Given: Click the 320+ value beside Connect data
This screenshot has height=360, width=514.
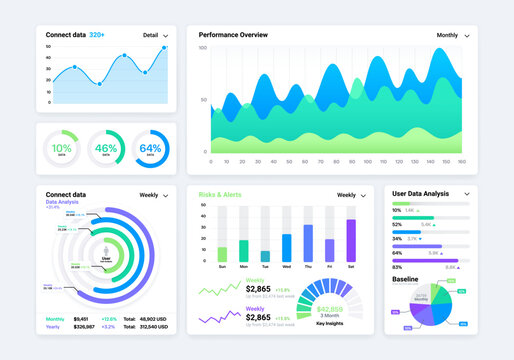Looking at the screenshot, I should coord(98,34).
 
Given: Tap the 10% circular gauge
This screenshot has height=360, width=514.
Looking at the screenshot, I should coord(62,148).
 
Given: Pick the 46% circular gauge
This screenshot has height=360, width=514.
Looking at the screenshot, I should coord(106,148).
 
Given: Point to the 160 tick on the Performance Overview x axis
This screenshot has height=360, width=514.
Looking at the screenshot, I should coord(462,161).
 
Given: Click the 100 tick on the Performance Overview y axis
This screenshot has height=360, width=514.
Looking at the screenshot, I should coord(202,48).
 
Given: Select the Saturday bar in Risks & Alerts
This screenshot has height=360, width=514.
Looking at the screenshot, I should coord(351,241).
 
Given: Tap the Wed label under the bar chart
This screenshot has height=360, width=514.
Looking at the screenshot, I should coord(287,267).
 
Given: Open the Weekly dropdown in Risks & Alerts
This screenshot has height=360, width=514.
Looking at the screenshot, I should coord(351,195).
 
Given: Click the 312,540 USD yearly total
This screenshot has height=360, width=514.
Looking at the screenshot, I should coord(154,327).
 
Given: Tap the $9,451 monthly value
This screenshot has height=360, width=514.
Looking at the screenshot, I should coord(81,319).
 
